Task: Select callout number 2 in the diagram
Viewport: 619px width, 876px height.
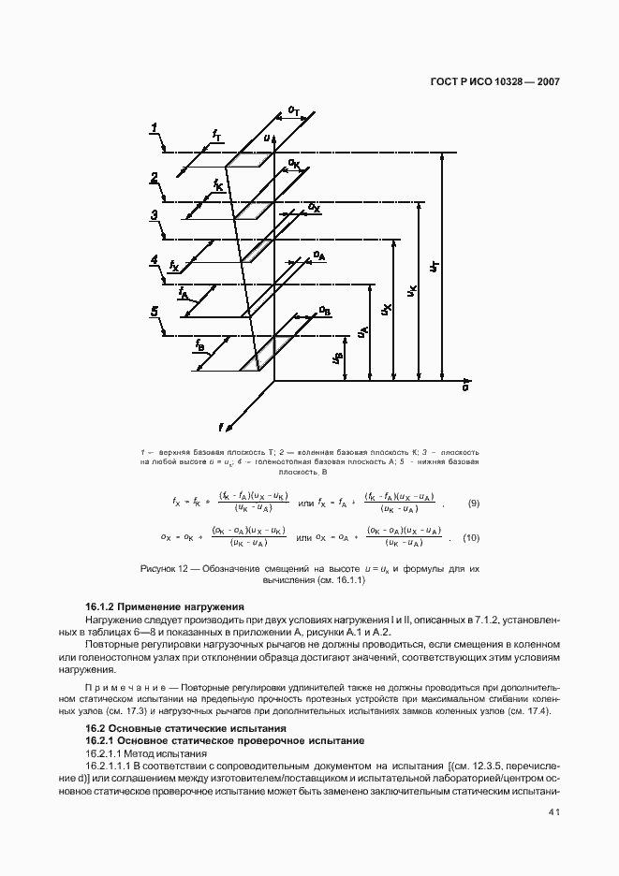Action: click(154, 178)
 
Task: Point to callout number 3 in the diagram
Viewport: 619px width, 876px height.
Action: click(154, 215)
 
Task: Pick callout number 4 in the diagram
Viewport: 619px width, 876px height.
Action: click(155, 260)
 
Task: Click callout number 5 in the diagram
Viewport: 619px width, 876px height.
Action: click(155, 312)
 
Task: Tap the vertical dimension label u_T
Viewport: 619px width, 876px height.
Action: click(434, 267)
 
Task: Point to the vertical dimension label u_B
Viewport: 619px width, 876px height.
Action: click(337, 357)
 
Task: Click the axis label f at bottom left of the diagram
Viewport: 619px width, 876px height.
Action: click(221, 428)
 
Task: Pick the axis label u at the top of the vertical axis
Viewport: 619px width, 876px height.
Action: click(266, 139)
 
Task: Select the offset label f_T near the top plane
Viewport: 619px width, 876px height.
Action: click(217, 135)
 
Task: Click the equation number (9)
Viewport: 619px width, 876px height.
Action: click(474, 504)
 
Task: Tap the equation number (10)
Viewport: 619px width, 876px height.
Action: click(471, 537)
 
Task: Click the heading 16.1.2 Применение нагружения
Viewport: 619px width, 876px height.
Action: click(164, 607)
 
